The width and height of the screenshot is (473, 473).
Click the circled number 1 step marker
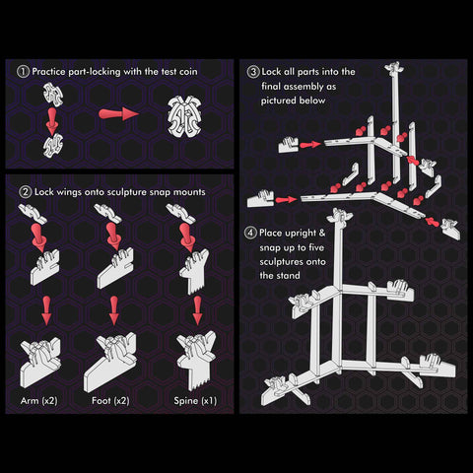(x=23, y=72)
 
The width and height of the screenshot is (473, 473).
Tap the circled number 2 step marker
(x=25, y=192)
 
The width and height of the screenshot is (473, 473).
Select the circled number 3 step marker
(x=253, y=72)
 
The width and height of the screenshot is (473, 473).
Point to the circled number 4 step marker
(x=250, y=233)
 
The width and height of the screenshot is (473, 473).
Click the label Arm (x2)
(x=39, y=401)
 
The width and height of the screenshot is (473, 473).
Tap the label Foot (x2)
(x=110, y=401)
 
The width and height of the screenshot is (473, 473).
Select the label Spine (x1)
(x=195, y=401)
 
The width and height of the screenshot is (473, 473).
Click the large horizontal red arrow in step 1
(x=118, y=114)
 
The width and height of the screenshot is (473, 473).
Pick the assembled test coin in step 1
(x=184, y=116)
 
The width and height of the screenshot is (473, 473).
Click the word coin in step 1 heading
(x=188, y=72)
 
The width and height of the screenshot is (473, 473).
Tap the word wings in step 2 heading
(x=69, y=192)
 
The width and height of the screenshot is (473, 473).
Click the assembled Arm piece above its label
(x=40, y=362)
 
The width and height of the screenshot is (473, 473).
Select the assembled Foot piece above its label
(x=109, y=362)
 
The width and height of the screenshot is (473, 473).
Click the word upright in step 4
(x=288, y=234)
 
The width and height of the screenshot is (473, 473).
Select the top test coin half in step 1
(x=53, y=95)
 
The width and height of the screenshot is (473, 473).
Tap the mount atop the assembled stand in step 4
(x=339, y=218)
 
